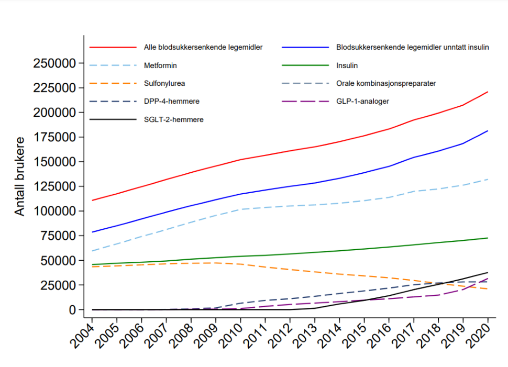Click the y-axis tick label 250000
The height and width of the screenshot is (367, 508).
54,63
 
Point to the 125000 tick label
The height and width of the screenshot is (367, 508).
54,186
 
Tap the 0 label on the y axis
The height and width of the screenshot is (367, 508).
73,310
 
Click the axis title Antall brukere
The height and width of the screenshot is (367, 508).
19,176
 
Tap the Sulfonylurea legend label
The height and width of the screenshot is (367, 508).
164,83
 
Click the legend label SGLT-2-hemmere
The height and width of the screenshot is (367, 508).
174,119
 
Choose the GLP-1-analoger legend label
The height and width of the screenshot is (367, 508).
362,101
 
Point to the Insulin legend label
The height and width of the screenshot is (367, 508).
347,66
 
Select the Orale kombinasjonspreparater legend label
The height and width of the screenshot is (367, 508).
386,83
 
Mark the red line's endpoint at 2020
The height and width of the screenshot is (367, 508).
488,92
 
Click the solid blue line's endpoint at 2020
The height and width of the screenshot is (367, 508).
488,131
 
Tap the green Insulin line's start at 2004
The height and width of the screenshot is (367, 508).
92,264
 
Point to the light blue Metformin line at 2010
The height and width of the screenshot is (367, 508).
240,209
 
